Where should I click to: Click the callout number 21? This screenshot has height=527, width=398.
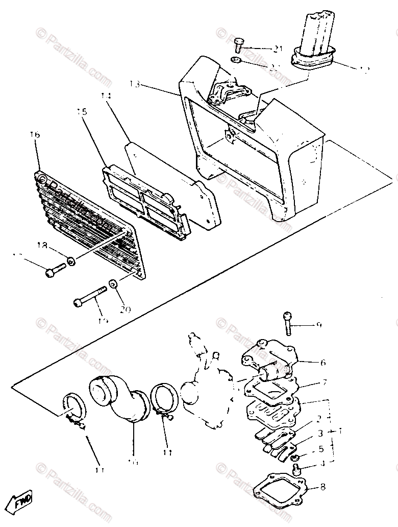[278, 49]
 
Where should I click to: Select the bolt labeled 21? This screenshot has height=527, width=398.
[238, 44]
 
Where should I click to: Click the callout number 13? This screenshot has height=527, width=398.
[135, 84]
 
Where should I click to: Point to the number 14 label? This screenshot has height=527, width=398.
[106, 95]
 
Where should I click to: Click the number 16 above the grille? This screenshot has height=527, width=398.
[35, 135]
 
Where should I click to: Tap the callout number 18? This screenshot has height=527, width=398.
[42, 246]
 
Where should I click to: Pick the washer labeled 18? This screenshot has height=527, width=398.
[71, 261]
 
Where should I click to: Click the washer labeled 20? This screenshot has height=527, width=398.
[113, 283]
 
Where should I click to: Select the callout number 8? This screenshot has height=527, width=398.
[322, 487]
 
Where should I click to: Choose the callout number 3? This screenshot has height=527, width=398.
[321, 433]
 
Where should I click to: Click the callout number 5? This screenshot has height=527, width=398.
[320, 449]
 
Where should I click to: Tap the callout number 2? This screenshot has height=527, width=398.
[318, 419]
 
